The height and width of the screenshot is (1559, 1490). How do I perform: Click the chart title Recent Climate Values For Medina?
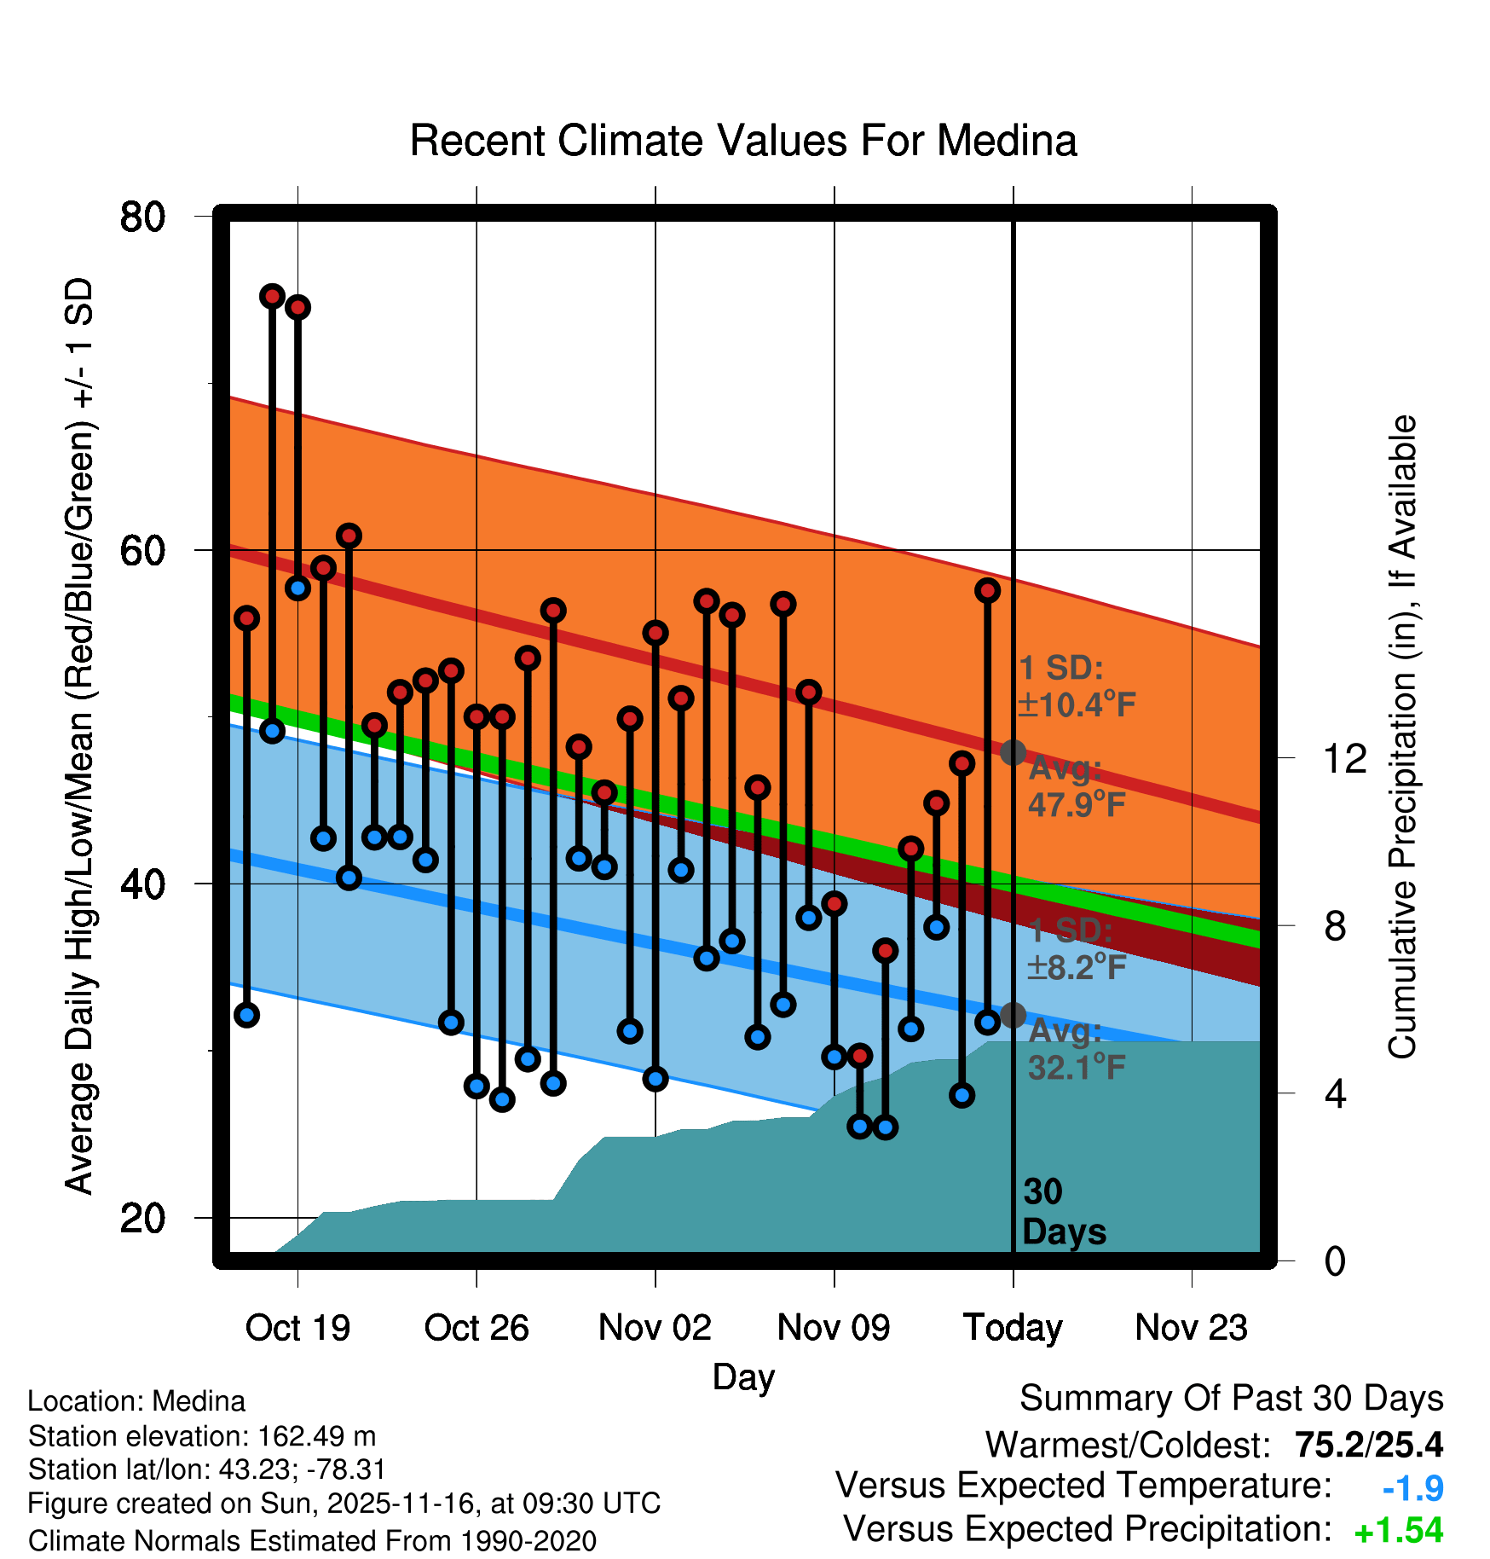pyautogui.click(x=743, y=142)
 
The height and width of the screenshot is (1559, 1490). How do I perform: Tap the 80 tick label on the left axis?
pyautogui.click(x=142, y=217)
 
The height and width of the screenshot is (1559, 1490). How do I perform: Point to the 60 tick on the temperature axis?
pyautogui.click(x=142, y=551)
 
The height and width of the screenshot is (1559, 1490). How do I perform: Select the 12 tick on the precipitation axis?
pyautogui.click(x=1344, y=758)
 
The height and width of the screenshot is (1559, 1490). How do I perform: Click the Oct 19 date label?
pyautogui.click(x=297, y=1328)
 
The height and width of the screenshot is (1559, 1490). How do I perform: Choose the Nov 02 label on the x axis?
pyautogui.click(x=655, y=1328)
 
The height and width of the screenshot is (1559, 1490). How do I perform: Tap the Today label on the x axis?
pyautogui.click(x=1013, y=1328)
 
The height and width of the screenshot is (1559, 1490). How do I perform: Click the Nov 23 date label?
pyautogui.click(x=1191, y=1328)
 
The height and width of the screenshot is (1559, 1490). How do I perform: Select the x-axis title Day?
pyautogui.click(x=743, y=1377)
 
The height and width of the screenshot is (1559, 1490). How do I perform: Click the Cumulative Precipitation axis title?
pyautogui.click(x=1402, y=737)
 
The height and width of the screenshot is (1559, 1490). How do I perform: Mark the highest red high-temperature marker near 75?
pyautogui.click(x=272, y=296)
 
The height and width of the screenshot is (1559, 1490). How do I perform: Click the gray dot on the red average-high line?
pyautogui.click(x=1013, y=752)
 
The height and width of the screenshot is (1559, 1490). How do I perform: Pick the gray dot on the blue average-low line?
pyautogui.click(x=1013, y=1015)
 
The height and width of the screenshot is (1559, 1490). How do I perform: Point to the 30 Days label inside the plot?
pyautogui.click(x=1063, y=1212)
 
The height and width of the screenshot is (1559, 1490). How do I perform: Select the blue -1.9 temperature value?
pyautogui.click(x=1412, y=1488)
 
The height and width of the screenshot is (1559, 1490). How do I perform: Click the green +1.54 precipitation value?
pyautogui.click(x=1398, y=1531)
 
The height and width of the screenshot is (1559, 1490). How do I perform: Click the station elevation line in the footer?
pyautogui.click(x=202, y=1437)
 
